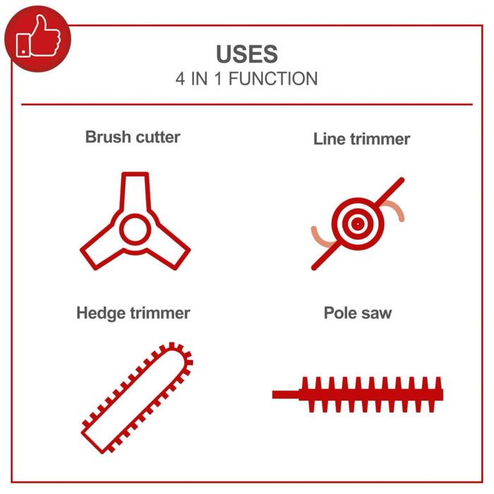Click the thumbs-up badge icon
click(x=38, y=39)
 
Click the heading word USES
click(x=247, y=54)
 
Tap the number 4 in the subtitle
click(x=180, y=79)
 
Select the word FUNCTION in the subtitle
click(x=273, y=79)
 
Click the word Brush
click(x=108, y=137)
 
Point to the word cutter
click(x=158, y=138)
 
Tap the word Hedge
click(x=101, y=314)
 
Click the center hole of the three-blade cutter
click(x=135, y=229)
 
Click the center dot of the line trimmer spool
click(x=358, y=224)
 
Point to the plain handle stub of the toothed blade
click(x=286, y=394)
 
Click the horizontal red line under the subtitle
click(x=247, y=104)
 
